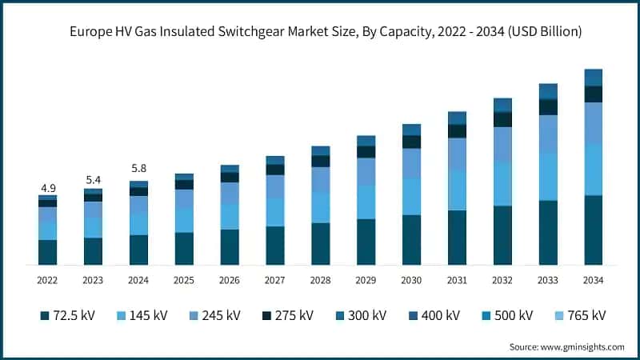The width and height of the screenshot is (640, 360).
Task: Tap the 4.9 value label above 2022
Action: pos(47,188)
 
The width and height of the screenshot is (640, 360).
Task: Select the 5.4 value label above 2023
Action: pos(93,180)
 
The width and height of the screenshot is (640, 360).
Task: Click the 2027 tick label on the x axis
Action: pos(275,280)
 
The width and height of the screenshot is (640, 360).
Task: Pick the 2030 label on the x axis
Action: pos(411,280)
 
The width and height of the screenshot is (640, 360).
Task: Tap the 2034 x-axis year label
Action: pos(593,280)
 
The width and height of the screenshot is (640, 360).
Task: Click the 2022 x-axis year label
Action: pos(47,280)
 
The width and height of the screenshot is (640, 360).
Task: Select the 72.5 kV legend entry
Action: pos(67,315)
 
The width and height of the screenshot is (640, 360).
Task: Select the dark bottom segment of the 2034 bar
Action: pos(593,230)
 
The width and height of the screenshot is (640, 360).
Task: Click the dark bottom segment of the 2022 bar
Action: pos(47,252)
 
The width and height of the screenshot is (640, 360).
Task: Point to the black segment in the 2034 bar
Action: pos(593,94)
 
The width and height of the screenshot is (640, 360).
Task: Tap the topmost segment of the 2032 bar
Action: pos(502,105)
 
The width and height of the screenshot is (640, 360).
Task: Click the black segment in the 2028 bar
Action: pos(320,161)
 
